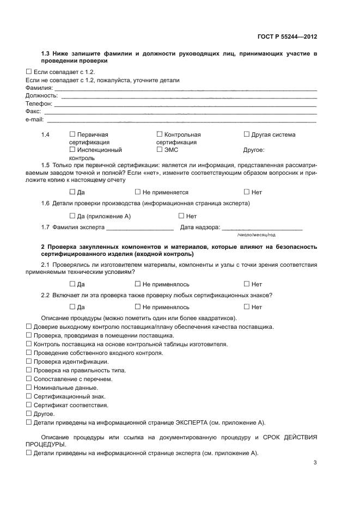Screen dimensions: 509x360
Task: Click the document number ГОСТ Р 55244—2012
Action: click(287, 37)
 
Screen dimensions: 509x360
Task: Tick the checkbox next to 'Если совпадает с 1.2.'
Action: click(29, 72)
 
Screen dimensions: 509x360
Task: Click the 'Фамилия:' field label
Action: click(39, 88)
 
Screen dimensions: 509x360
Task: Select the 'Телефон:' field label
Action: click(39, 103)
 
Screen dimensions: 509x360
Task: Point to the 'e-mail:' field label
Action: click(35, 120)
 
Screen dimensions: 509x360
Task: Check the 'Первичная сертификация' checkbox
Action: click(72, 134)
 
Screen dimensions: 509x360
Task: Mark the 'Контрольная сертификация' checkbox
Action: click(160, 134)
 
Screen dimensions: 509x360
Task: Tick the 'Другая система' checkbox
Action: click(247, 134)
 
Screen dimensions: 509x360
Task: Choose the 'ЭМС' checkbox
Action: click(160, 149)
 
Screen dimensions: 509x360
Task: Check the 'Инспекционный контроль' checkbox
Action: click(72, 149)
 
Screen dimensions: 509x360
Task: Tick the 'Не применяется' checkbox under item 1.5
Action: click(138, 192)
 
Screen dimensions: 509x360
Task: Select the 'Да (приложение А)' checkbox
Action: click(72, 216)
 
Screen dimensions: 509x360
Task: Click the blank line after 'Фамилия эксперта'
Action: click(140, 228)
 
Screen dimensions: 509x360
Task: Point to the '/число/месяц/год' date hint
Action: click(256, 235)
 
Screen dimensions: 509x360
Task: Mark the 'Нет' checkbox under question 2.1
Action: click(247, 284)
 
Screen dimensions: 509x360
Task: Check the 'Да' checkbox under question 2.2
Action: click(72, 307)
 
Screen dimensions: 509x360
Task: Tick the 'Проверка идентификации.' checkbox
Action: click(29, 361)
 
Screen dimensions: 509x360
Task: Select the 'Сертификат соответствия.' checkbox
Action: click(29, 405)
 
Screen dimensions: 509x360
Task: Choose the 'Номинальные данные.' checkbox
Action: click(29, 388)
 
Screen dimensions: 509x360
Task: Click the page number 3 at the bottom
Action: click(315, 463)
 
